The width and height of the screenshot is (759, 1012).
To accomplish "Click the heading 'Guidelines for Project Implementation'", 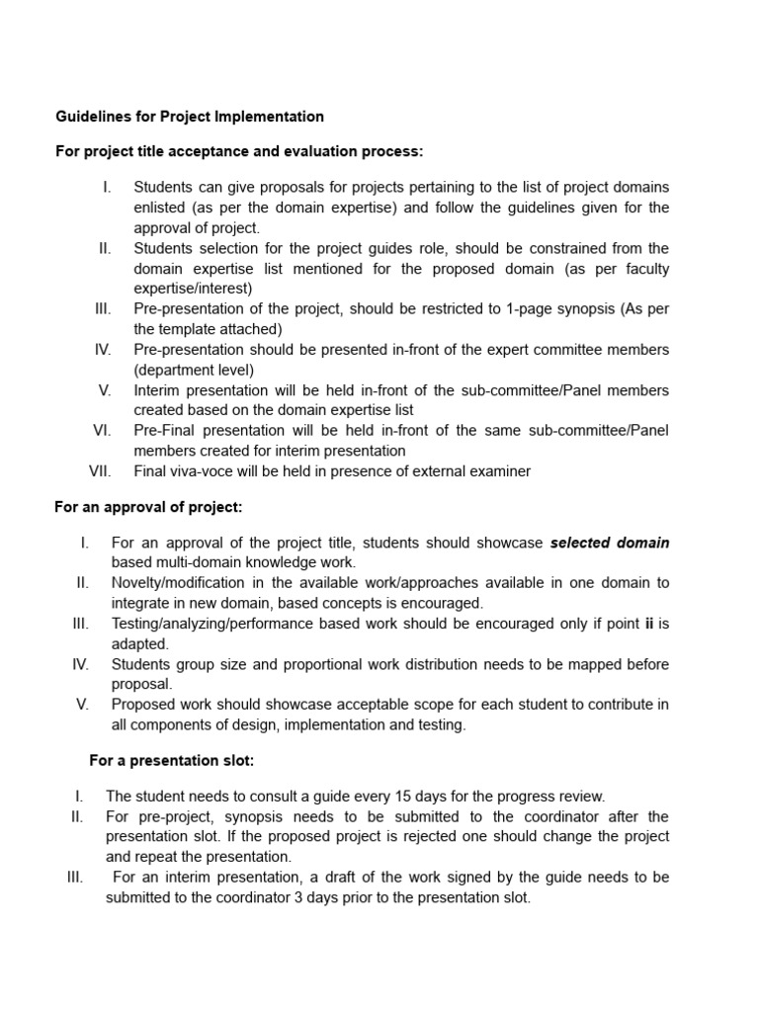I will point(190,117).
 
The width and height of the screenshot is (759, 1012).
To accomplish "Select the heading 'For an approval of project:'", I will point(148,507).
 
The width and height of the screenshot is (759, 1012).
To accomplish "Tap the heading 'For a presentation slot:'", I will point(172,760).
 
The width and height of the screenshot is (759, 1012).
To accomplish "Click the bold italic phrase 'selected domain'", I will point(610,543).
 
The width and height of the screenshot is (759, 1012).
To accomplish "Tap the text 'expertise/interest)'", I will point(193,289).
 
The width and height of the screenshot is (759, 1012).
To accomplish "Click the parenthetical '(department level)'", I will point(194,370).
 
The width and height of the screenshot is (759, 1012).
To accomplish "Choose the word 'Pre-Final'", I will point(166,430).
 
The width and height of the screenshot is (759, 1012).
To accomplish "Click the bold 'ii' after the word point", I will point(649,624).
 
